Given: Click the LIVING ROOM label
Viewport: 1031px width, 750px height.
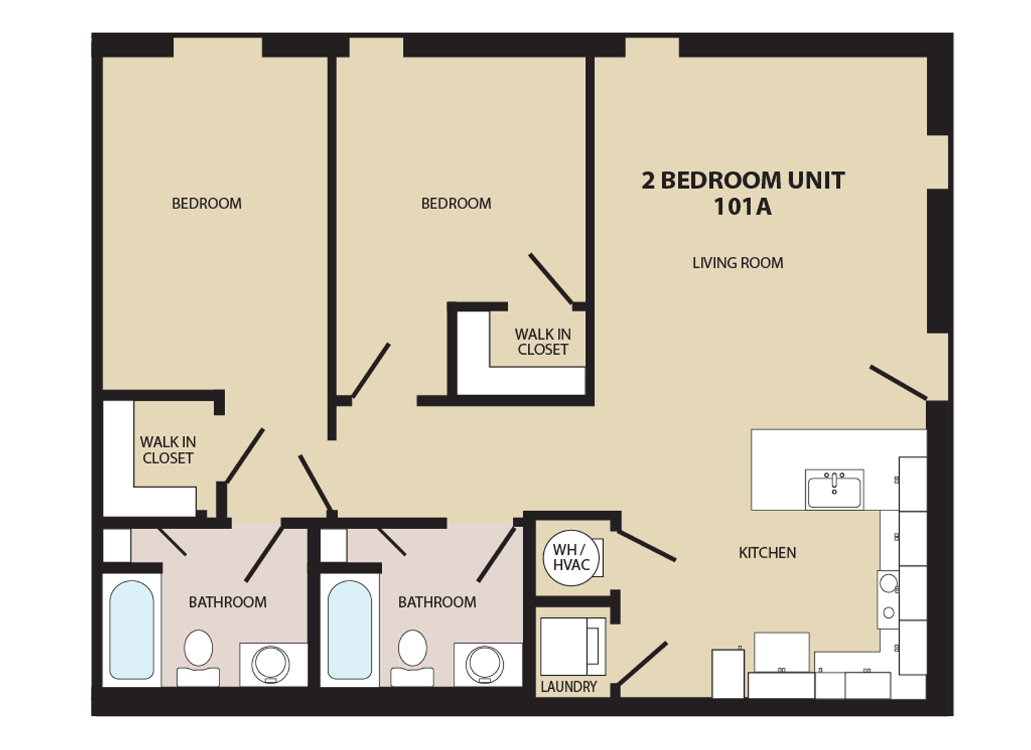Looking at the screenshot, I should pos(737,263).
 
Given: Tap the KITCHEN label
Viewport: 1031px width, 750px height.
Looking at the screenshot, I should pos(767,553).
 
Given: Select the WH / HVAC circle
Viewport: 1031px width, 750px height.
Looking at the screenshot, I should pos(571,558).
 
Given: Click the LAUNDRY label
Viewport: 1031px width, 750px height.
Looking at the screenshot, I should pos(568,687).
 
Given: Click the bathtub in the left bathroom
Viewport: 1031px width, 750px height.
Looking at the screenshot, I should pos(132,630).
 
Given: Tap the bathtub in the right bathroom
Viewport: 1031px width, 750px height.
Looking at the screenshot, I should pos(349,630).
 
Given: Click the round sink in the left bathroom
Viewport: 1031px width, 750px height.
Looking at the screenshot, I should pos(271,663).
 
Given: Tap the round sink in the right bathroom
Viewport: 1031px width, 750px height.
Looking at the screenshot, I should pos(485,663).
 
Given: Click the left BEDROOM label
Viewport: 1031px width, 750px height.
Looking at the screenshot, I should pos(206,203).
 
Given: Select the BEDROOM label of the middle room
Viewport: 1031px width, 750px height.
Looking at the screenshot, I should pos(456,203).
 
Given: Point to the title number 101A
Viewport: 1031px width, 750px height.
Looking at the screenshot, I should pos(742,207).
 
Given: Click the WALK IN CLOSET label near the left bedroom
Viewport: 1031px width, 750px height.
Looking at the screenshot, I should pos(167,450).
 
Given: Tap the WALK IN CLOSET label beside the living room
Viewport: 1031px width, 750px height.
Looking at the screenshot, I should pos(543,342).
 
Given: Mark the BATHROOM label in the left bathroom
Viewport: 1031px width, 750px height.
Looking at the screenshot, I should pos(227,602).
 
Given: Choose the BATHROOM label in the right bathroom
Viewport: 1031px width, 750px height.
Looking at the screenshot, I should pos(437,602).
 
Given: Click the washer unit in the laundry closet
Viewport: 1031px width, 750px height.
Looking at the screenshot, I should pos(572,647).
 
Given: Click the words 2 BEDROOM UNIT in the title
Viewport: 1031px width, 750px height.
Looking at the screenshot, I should pos(743,181).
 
